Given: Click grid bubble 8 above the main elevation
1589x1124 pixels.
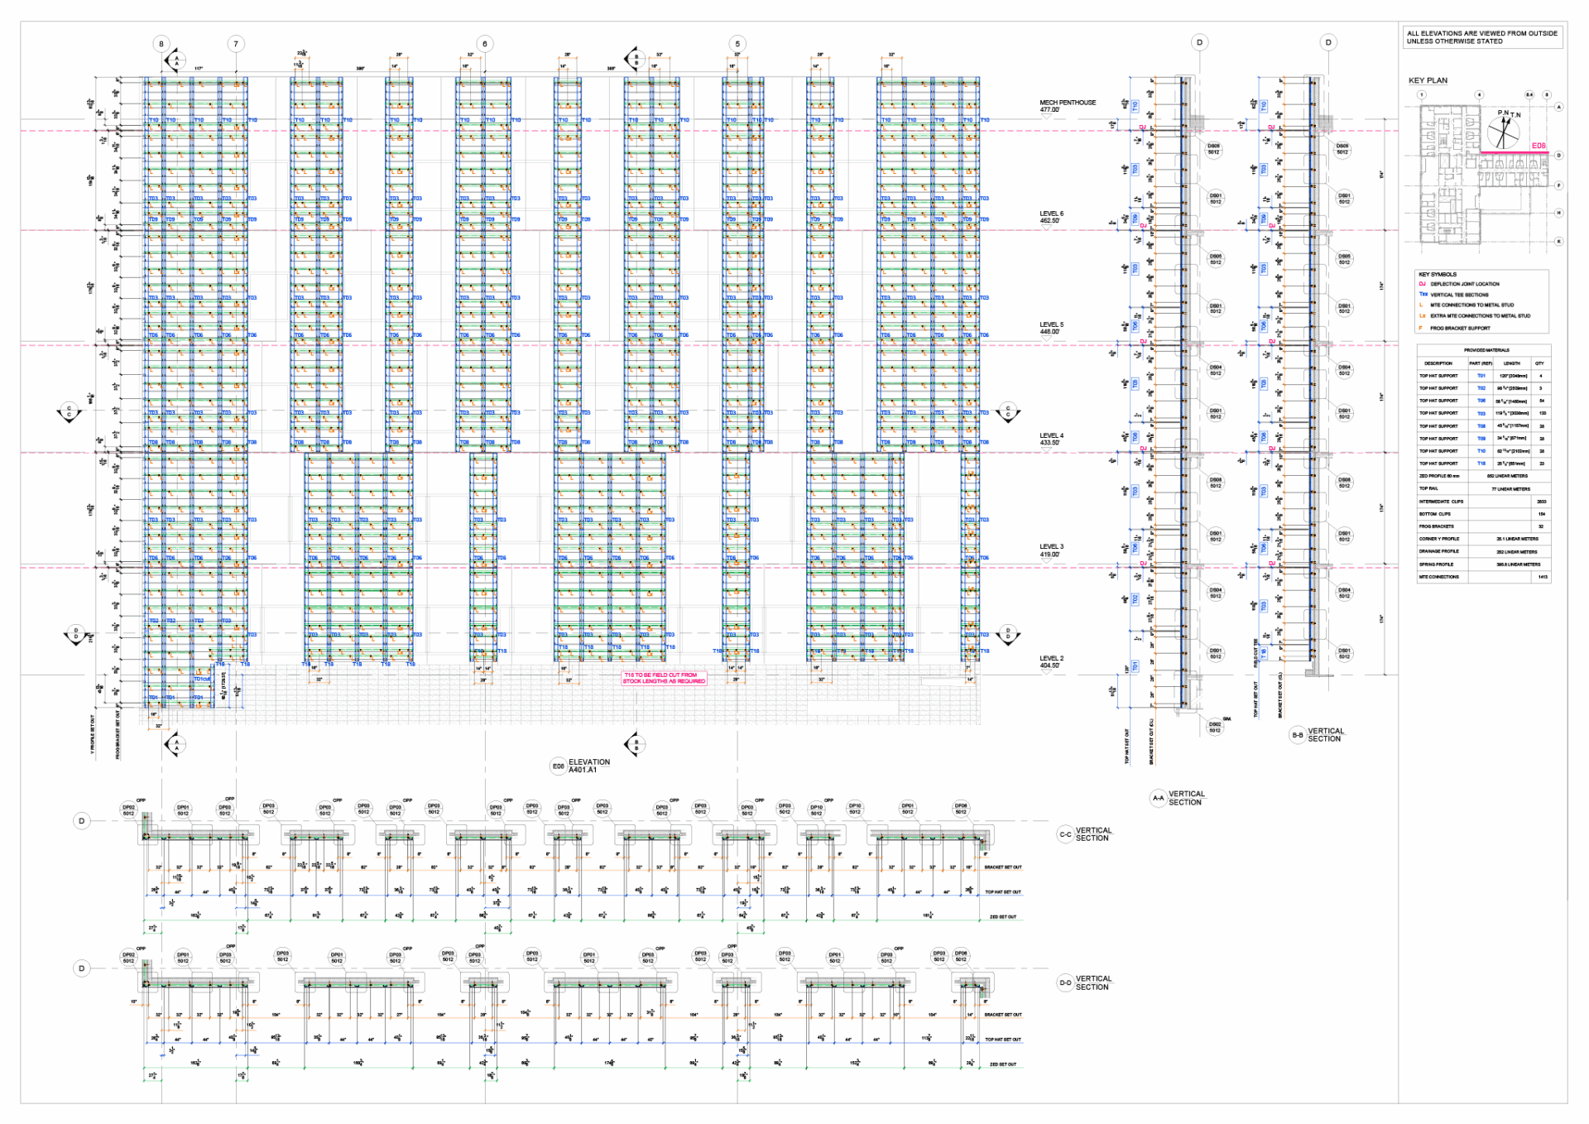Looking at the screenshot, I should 161,44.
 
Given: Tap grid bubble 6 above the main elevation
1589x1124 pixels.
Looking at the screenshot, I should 485,44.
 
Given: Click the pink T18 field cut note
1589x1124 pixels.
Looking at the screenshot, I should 664,678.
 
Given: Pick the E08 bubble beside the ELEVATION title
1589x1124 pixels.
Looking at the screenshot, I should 559,766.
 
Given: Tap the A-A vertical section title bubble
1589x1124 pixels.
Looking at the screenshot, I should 1158,798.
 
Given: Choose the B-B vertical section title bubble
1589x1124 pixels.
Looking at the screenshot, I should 1297,735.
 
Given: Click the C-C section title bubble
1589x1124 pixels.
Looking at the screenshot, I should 1065,834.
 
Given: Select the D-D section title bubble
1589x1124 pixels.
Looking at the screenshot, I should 1065,983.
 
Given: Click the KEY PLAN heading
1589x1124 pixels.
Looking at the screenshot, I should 1428,80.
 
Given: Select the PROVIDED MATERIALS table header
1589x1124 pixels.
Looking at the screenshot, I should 1486,350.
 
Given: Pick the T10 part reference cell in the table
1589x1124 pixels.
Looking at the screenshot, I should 1481,451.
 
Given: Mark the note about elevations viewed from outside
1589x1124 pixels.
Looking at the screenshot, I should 1481,37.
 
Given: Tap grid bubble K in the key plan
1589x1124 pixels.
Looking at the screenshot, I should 1559,242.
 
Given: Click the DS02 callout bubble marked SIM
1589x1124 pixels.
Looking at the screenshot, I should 1215,727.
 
